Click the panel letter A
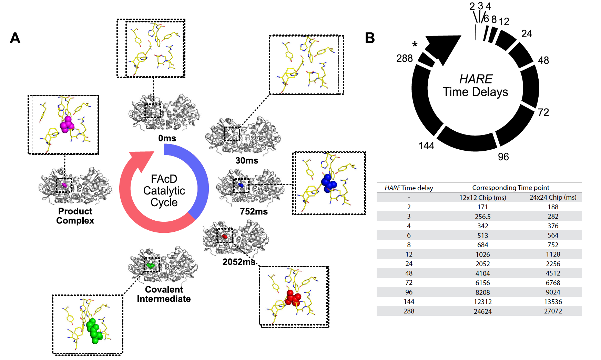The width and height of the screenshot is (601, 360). pyautogui.click(x=15, y=38)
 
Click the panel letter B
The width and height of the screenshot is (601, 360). pyautogui.click(x=370, y=38)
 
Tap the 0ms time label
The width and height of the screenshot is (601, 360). pyautogui.click(x=167, y=138)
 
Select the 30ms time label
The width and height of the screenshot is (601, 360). pyautogui.click(x=247, y=161)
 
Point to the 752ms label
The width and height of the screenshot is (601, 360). pyautogui.click(x=254, y=211)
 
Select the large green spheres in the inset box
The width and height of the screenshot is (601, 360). pyautogui.click(x=94, y=331)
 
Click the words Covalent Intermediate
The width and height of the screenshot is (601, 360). pyautogui.click(x=164, y=294)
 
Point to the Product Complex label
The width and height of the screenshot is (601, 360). pyautogui.click(x=75, y=216)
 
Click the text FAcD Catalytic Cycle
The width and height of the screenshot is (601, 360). pyautogui.click(x=164, y=191)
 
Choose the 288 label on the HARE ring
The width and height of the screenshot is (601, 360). pyautogui.click(x=404, y=58)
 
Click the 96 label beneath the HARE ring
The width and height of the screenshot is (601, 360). pyautogui.click(x=503, y=157)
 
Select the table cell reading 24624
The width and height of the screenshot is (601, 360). pyautogui.click(x=482, y=311)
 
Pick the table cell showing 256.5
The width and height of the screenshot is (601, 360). pyautogui.click(x=482, y=217)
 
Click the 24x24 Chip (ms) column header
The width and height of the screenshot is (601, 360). pyautogui.click(x=553, y=198)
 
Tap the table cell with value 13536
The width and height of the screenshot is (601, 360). pyautogui.click(x=553, y=302)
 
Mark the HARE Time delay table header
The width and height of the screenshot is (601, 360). pyautogui.click(x=409, y=188)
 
